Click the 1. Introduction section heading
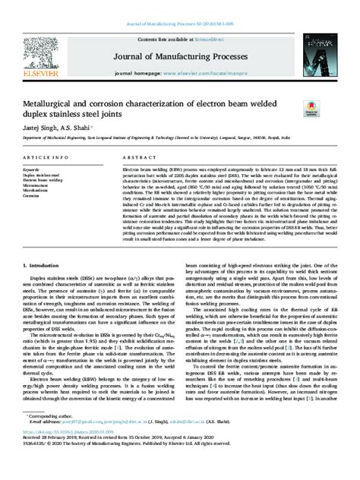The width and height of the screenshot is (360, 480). (x=43, y=244)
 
